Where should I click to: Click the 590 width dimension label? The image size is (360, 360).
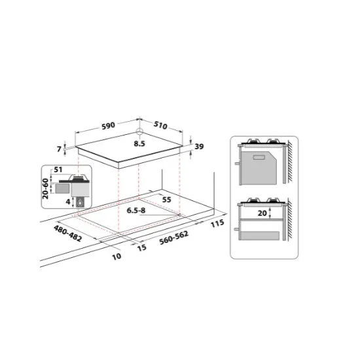point(108,124)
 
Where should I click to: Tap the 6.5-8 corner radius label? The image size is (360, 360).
point(136,211)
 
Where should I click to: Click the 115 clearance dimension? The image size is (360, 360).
point(219,224)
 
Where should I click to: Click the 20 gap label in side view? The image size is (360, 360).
point(261,213)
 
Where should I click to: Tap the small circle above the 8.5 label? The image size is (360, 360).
point(139,131)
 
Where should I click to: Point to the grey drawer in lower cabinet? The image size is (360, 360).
point(261,234)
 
